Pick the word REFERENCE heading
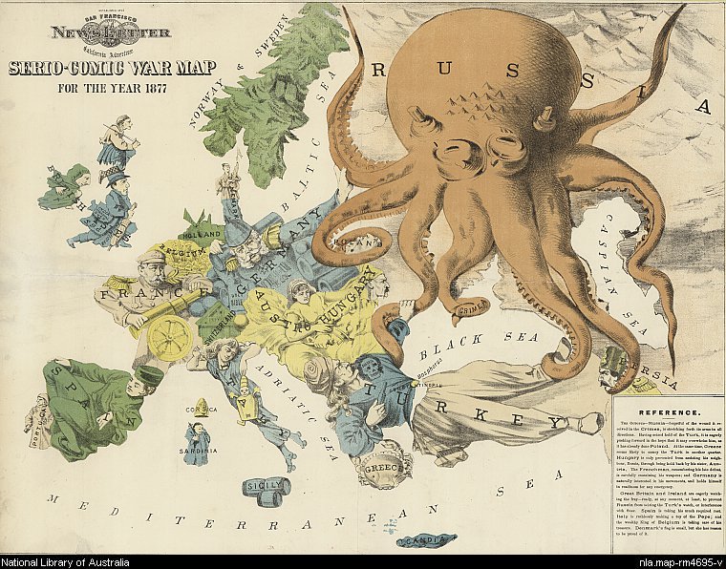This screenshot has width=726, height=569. coord(664,412)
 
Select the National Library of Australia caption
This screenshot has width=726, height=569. coord(72,560)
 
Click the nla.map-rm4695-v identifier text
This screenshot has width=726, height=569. coord(678,560)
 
